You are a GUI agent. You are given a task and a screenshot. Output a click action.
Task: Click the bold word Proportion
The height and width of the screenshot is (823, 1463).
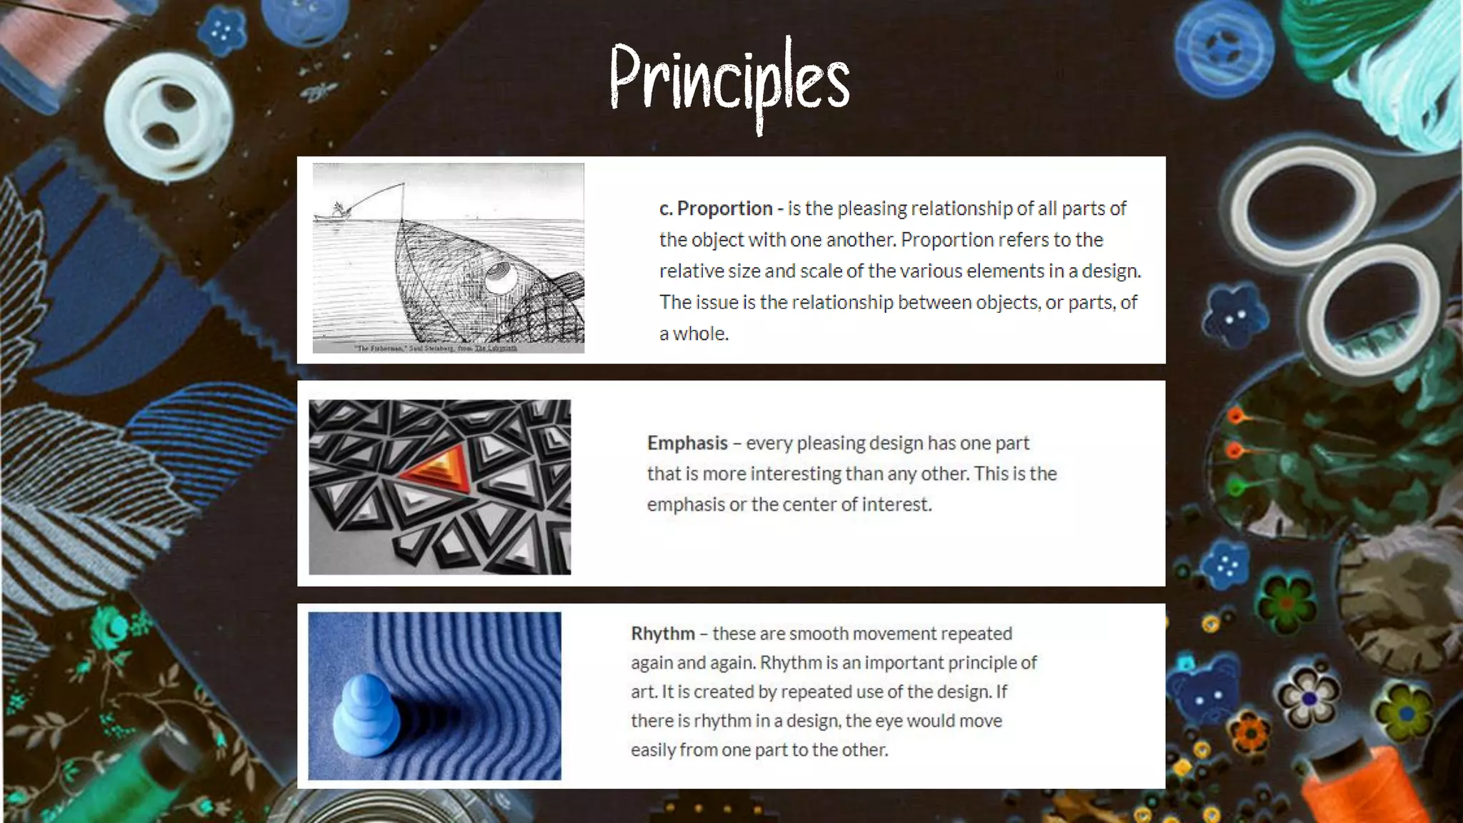[x=724, y=209]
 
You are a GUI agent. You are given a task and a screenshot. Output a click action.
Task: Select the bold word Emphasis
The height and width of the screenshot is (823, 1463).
[x=687, y=443]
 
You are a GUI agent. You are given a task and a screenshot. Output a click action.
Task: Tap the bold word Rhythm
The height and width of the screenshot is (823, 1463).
[x=663, y=634]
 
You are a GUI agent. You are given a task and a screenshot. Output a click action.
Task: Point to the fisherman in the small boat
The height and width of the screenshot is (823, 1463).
[x=339, y=209]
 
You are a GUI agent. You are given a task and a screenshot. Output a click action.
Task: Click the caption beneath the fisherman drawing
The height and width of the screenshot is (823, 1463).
[x=436, y=348]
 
